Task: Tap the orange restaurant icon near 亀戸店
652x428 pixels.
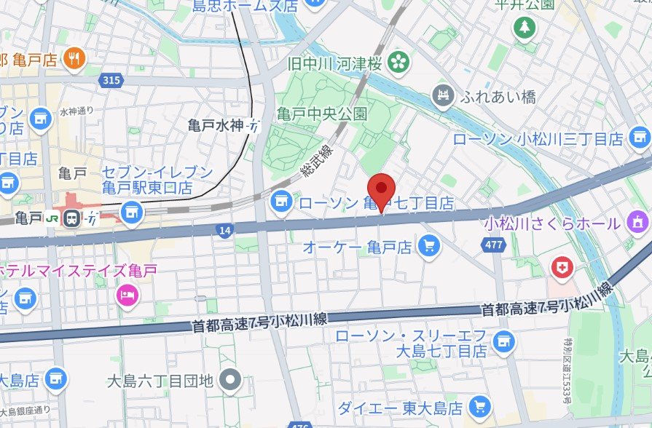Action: pyautogui.click(x=74, y=59)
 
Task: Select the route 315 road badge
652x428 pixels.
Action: pyautogui.click(x=111, y=79)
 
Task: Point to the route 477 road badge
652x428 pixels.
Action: pyautogui.click(x=494, y=245)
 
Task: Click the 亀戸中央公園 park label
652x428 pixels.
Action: pyautogui.click(x=321, y=114)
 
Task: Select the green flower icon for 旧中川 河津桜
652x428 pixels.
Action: pyautogui.click(x=398, y=63)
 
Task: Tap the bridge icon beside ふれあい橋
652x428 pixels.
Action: pyautogui.click(x=443, y=95)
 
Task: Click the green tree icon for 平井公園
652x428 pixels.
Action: pyautogui.click(x=524, y=28)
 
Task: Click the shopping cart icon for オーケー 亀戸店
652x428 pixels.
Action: pyautogui.click(x=429, y=247)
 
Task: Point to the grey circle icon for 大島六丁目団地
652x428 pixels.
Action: pyautogui.click(x=232, y=379)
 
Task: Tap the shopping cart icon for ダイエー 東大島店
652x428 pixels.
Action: pyautogui.click(x=479, y=406)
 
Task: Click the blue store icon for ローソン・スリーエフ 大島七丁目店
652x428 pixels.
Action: pyautogui.click(x=501, y=339)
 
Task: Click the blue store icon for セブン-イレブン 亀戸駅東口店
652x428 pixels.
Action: pyautogui.click(x=132, y=212)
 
